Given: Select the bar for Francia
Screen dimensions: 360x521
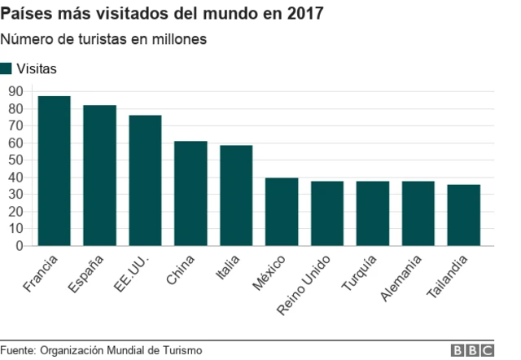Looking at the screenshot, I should click(54, 171).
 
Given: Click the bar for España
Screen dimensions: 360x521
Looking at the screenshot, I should click(99, 175).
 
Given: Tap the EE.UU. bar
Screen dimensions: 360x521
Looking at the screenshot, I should click(145, 180).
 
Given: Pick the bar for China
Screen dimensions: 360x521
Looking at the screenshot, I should click(190, 193).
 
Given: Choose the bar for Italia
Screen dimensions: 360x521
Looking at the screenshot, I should click(236, 195).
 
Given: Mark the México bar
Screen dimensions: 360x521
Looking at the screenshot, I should click(282, 212).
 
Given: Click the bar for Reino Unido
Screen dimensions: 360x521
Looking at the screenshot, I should click(327, 213).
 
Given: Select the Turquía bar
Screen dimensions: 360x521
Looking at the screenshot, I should click(373, 213).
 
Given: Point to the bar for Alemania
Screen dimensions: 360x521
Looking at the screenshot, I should click(418, 213).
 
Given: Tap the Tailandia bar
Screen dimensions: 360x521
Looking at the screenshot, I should click(464, 215).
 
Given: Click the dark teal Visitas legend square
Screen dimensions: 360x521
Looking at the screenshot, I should click(7, 68).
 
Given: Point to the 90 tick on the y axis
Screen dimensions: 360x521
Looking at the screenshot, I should click(15, 92).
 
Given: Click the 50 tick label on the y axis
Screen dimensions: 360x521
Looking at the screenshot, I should click(15, 160).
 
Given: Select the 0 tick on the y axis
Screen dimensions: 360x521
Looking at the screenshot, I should click(20, 246).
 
